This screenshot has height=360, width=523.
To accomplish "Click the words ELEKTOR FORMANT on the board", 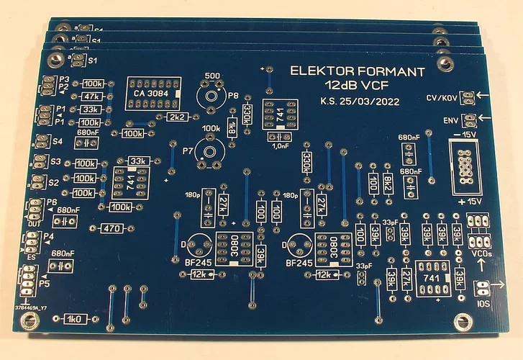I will pos(358,71).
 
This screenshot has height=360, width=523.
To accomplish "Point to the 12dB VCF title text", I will pos(358,86).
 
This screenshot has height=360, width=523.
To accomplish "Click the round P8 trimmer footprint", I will pos(212,94).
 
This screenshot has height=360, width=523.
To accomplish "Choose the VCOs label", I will pos(481,253).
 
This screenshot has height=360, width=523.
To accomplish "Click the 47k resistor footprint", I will pos(91,96).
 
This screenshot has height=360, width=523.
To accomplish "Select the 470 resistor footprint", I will pos(112,228).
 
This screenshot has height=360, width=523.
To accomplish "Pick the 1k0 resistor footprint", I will pos(75,318).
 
